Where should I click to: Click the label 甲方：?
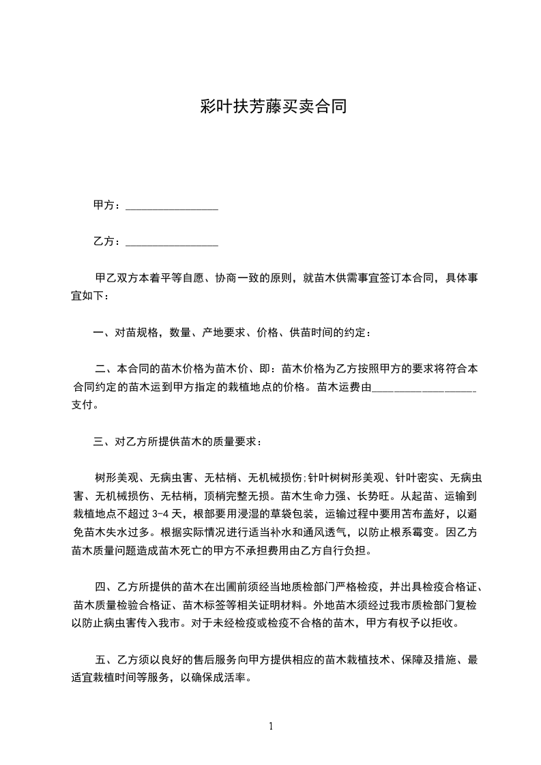pos(108,205)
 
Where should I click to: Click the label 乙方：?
pos(108,241)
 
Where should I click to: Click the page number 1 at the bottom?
pos(271,726)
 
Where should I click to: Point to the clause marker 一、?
pos(104,333)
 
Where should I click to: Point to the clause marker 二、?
pos(106,370)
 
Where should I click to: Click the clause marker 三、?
pos(104,442)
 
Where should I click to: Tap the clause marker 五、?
pos(106,659)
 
